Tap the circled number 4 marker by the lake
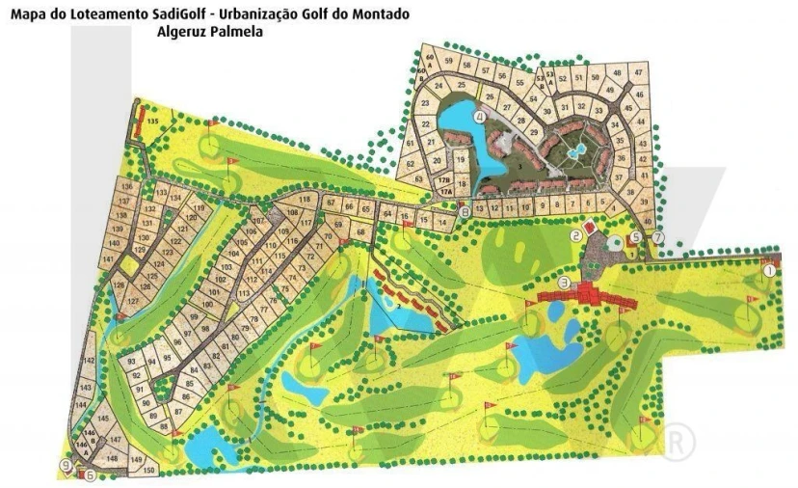pos(479,115)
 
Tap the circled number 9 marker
pos(66,464)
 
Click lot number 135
pos(152,121)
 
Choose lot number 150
pos(148,470)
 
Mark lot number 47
pos(638,73)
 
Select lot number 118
pos(305,199)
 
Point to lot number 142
pos(88,360)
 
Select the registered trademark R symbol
pos(679,441)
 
